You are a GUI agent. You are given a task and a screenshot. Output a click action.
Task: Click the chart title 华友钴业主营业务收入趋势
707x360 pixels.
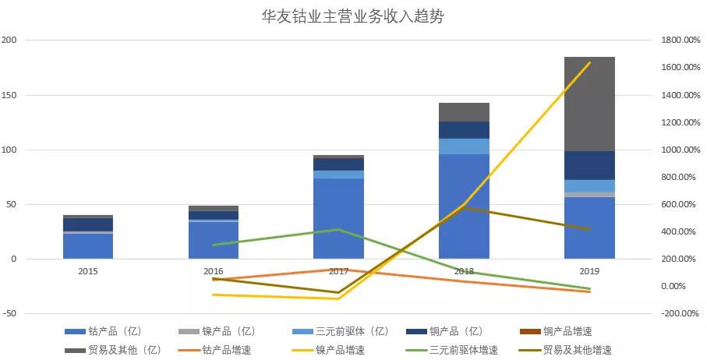(x=353, y=16)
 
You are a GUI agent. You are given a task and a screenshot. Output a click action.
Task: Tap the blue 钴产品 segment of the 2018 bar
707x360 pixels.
(x=464, y=206)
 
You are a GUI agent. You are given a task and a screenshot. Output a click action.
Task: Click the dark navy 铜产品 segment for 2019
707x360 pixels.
(x=589, y=165)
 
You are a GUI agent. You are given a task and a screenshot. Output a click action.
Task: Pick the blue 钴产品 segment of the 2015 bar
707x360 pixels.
(x=88, y=245)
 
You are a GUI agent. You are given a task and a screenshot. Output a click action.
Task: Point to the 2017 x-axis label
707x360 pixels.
(x=338, y=270)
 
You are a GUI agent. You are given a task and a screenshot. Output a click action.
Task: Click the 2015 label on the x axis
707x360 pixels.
(x=88, y=270)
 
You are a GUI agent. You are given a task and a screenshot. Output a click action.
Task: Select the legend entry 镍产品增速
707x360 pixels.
(x=340, y=350)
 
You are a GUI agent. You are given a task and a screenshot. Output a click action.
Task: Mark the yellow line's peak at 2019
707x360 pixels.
(x=589, y=62)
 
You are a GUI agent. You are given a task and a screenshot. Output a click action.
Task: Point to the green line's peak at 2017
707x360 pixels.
(x=338, y=229)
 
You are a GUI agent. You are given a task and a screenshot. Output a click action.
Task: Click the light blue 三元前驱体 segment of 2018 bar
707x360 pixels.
(x=464, y=146)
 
